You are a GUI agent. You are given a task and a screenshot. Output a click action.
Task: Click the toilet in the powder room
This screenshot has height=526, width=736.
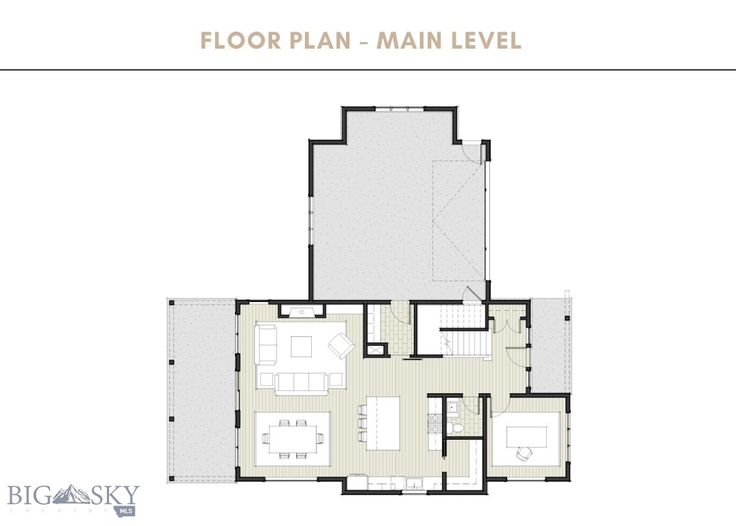[x=458, y=427]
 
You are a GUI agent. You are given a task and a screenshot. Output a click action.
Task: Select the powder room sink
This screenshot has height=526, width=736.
[x=452, y=408]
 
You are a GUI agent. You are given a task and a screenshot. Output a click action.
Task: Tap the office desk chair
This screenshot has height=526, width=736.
[x=524, y=453]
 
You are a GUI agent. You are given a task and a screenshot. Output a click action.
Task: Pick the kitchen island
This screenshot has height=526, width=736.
[x=382, y=423]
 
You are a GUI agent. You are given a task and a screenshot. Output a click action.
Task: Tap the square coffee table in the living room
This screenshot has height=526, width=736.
[x=301, y=347]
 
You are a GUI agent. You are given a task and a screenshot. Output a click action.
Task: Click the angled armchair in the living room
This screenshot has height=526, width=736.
[x=341, y=345]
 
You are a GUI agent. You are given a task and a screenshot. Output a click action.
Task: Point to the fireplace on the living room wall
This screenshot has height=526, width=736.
[x=301, y=312]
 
